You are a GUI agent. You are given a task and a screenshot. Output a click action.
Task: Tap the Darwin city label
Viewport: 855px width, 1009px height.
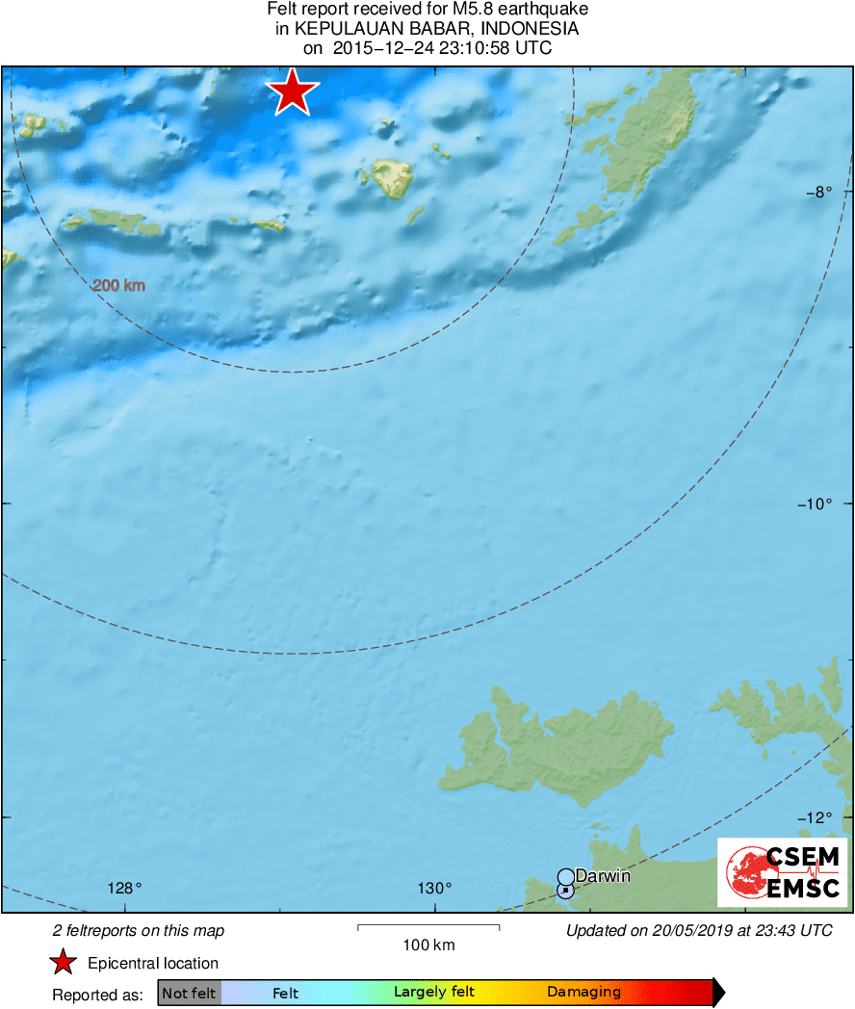(x=602, y=876)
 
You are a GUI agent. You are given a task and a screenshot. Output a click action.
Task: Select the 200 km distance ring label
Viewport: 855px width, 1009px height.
(x=118, y=286)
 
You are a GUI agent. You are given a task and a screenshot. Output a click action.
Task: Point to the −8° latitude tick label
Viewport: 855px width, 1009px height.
(x=817, y=192)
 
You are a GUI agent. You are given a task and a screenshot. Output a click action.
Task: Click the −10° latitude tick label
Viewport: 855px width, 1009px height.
(x=814, y=504)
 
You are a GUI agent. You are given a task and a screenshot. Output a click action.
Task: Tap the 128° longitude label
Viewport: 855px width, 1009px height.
(x=124, y=888)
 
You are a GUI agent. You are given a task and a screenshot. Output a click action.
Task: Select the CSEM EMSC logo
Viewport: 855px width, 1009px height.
(x=782, y=872)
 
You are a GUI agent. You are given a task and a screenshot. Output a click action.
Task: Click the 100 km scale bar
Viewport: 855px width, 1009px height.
(x=428, y=927)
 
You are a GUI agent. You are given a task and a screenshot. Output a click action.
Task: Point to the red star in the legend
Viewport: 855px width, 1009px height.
(x=64, y=963)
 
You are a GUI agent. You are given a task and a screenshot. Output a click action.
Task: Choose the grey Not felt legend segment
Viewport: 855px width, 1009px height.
(x=189, y=993)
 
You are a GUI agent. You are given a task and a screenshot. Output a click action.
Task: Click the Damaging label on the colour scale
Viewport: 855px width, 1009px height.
(x=583, y=993)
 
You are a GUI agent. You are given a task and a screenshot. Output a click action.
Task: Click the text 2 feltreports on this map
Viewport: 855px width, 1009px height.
(x=139, y=930)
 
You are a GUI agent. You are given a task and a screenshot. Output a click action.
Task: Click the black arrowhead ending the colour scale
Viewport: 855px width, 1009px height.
(x=718, y=993)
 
